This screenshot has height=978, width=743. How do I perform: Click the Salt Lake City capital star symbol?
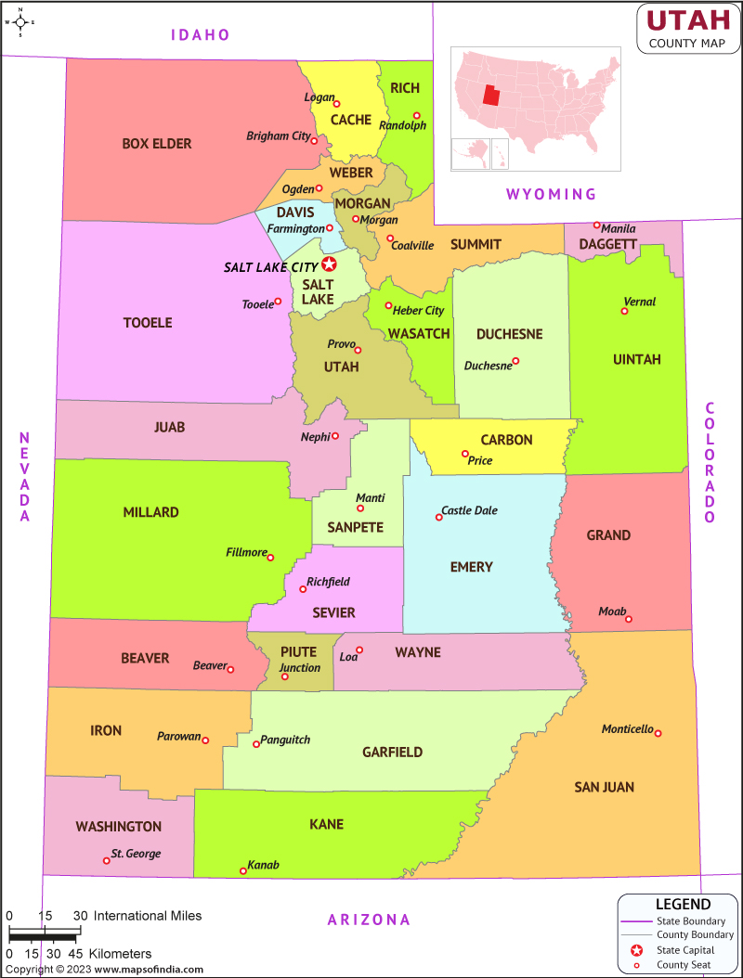point(329,264)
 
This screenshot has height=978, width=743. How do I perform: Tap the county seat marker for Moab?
point(629,619)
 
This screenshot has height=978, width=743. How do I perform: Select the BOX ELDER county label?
point(157,144)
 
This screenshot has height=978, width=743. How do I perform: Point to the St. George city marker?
point(106,860)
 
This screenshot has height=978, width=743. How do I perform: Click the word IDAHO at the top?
point(200,35)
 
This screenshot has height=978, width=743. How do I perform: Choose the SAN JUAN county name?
point(604,787)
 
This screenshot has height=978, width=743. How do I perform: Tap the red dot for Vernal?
point(624,311)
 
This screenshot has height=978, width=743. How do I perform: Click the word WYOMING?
point(551,194)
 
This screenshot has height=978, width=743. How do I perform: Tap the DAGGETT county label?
point(607,244)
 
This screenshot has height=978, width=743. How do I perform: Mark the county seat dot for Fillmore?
point(270,558)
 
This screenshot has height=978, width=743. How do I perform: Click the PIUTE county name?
point(299,652)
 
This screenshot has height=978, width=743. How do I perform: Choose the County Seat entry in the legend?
point(683,966)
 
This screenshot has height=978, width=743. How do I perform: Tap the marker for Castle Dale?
point(439,517)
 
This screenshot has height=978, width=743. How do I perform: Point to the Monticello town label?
point(627,728)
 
